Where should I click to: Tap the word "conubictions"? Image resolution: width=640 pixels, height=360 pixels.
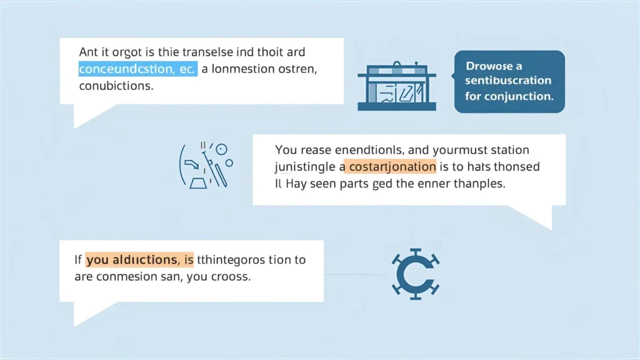116,86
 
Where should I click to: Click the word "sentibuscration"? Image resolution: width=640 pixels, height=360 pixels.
509,81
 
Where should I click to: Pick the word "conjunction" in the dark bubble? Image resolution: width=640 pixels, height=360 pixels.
521,96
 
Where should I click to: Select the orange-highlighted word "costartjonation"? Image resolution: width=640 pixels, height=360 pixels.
392,167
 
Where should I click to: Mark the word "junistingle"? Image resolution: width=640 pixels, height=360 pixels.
305,167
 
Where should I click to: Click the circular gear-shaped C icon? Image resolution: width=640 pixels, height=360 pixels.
416,274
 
